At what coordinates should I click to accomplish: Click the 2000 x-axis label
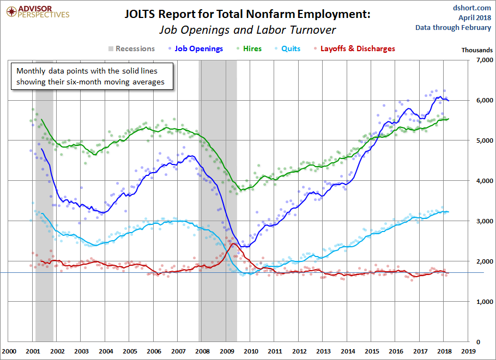[9, 351]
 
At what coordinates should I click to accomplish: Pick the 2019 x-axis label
[469, 351]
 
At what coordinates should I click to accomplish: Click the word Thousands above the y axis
[477, 50]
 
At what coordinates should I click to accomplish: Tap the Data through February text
[453, 27]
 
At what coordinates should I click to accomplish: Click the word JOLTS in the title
[143, 15]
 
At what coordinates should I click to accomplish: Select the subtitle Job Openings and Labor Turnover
[247, 30]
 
